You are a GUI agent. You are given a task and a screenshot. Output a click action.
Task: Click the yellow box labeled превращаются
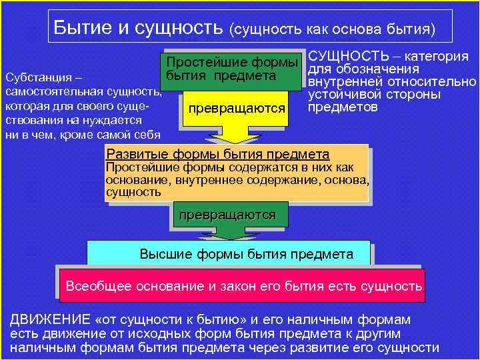(237, 108)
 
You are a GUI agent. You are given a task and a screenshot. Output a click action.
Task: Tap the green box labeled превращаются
(223, 215)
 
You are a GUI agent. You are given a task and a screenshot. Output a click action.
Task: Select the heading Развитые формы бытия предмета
(217, 155)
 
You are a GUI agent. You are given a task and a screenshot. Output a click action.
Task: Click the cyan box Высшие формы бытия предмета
(247, 254)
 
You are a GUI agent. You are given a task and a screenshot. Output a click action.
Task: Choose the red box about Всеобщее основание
(243, 287)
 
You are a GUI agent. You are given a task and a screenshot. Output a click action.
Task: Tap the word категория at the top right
(437, 57)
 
